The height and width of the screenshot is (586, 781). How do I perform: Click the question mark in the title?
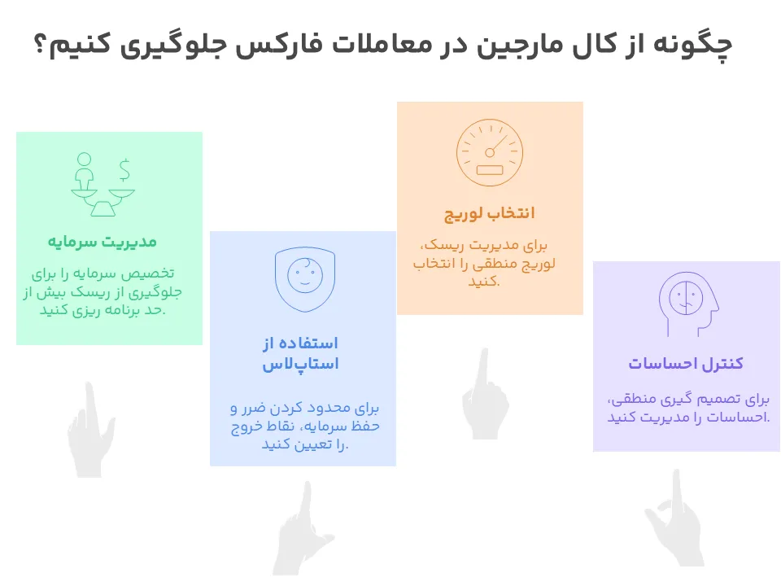click(x=40, y=46)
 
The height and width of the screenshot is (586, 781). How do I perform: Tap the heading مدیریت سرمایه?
click(x=102, y=242)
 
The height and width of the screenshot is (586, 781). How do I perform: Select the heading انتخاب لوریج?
click(x=489, y=213)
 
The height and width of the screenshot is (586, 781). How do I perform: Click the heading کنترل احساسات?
click(x=685, y=363)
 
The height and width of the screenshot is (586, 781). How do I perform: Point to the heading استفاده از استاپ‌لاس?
click(x=300, y=352)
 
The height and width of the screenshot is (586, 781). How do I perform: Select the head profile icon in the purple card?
click(x=687, y=301)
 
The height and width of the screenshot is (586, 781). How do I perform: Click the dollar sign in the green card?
click(x=124, y=169)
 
